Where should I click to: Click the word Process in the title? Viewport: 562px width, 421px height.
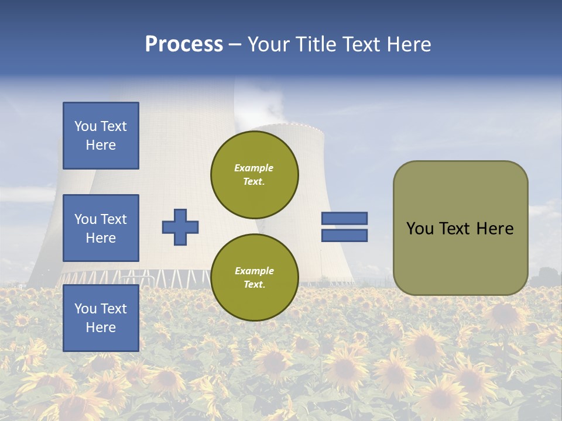click(184, 44)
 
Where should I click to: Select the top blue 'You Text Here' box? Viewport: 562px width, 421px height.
click(101, 136)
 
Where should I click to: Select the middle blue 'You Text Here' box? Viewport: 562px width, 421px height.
click(101, 228)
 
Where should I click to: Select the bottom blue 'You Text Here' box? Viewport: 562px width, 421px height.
click(101, 318)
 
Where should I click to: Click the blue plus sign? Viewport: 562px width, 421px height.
click(180, 227)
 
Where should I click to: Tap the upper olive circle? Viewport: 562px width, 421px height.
click(255, 174)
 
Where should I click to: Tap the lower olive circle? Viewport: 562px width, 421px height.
click(255, 277)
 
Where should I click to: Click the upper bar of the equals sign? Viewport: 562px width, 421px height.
click(344, 218)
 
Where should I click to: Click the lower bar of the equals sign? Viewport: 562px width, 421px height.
click(344, 236)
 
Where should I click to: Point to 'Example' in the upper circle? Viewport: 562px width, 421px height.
click(253, 168)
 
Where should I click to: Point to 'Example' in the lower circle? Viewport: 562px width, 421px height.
click(253, 271)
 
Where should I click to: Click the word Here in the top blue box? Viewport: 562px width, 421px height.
click(101, 145)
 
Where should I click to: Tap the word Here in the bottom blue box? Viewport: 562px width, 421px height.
click(101, 327)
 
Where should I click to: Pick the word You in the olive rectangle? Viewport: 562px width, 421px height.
click(419, 229)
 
